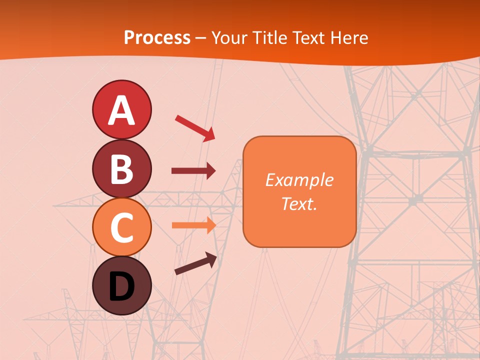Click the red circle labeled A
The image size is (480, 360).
[121, 109]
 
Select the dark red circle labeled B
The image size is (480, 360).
[121, 168]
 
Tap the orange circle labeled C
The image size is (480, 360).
[121, 227]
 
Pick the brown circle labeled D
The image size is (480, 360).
[121, 285]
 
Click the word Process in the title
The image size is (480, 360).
[157, 38]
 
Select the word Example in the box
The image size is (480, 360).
[299, 180]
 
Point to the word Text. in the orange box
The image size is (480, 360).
[299, 203]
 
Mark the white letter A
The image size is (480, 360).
[121, 110]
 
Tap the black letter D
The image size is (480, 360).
[121, 286]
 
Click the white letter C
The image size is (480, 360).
[121, 228]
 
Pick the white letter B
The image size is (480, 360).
[121, 169]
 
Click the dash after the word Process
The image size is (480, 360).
[201, 38]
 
